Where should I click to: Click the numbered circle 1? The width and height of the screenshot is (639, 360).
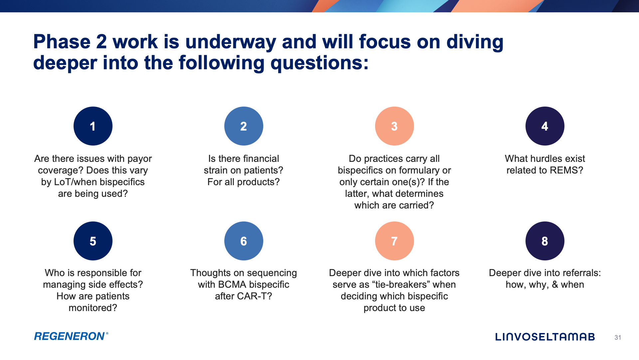pyautogui.click(x=93, y=126)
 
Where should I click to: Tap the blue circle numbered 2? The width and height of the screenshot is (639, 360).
pyautogui.click(x=244, y=126)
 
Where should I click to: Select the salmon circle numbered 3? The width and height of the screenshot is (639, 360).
pyautogui.click(x=394, y=126)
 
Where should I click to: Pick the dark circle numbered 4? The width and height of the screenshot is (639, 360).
pyautogui.click(x=545, y=126)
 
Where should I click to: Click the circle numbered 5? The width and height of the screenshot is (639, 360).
pyautogui.click(x=93, y=241)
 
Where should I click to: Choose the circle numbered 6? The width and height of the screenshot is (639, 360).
pyautogui.click(x=244, y=241)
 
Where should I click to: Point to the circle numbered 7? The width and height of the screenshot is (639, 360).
pyautogui.click(x=394, y=241)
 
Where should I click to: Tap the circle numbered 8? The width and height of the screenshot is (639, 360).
pyautogui.click(x=545, y=241)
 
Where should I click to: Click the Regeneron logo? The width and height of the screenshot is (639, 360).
pyautogui.click(x=71, y=336)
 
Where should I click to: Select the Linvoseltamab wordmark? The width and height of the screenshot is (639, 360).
pyautogui.click(x=545, y=337)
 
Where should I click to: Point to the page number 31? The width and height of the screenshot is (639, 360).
pyautogui.click(x=618, y=338)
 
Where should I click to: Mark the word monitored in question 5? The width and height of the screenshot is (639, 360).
pyautogui.click(x=93, y=308)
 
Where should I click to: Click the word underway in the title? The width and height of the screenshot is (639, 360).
pyautogui.click(x=230, y=42)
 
